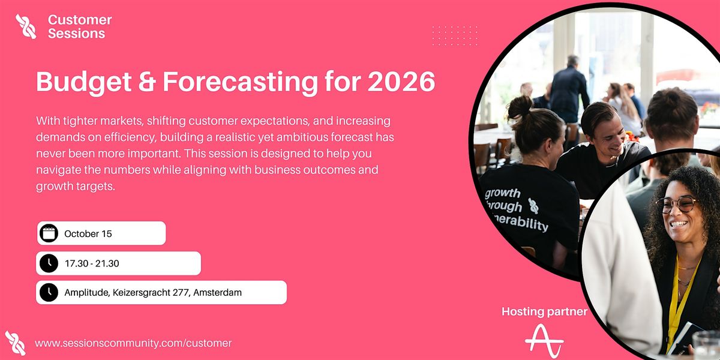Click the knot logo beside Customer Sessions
click(x=26, y=26)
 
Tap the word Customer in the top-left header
click(x=80, y=20)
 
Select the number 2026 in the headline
click(x=401, y=82)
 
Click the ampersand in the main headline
click(x=147, y=82)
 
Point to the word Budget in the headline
click(x=84, y=83)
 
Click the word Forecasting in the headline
click(x=241, y=83)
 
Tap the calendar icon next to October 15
click(x=49, y=233)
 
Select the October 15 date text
click(x=88, y=233)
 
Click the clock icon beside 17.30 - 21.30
click(x=49, y=263)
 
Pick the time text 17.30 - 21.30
click(x=92, y=263)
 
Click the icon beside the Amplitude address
click(x=49, y=292)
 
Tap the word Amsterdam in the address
click(x=217, y=293)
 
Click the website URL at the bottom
click(x=133, y=343)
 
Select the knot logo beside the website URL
click(x=15, y=343)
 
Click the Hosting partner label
click(x=544, y=311)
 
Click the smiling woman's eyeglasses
click(x=676, y=205)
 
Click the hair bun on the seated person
click(x=520, y=107)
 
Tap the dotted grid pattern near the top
click(x=455, y=36)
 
